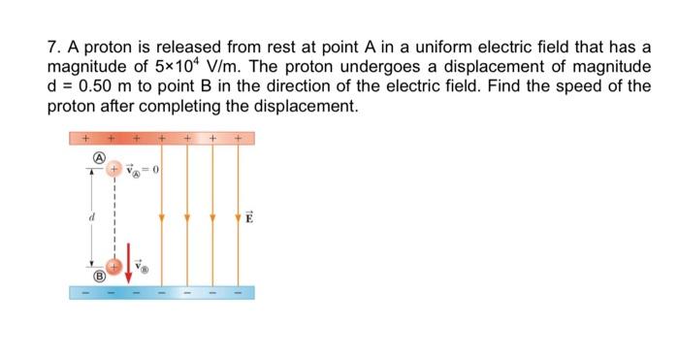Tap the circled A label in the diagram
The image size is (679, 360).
(x=97, y=154)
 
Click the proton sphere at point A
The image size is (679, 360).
(x=113, y=170)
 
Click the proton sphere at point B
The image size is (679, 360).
(x=113, y=265)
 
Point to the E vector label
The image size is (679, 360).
(x=248, y=217)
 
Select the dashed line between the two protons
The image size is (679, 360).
(x=113, y=217)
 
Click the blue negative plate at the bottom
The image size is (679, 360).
(x=162, y=291)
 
